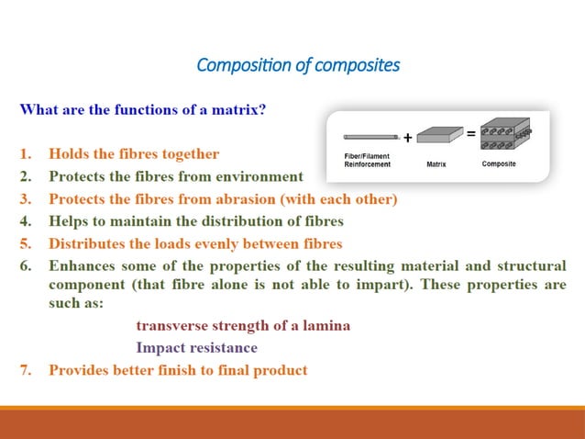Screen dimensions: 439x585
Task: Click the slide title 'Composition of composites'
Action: click(x=298, y=66)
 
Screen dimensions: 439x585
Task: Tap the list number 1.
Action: click(x=26, y=153)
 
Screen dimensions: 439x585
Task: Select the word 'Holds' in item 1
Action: click(x=69, y=153)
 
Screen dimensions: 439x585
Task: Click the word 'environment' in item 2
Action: click(x=260, y=175)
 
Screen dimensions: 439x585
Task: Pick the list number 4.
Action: click(x=26, y=220)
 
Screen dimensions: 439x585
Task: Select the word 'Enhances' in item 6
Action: click(x=83, y=266)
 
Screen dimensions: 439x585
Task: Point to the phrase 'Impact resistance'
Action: click(x=196, y=348)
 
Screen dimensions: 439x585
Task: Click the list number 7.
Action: click(x=26, y=370)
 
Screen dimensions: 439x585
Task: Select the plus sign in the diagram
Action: click(x=408, y=139)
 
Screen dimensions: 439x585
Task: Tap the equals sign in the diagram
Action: click(x=470, y=134)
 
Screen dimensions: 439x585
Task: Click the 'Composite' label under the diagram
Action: click(x=499, y=164)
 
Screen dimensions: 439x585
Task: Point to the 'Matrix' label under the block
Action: click(x=436, y=164)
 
